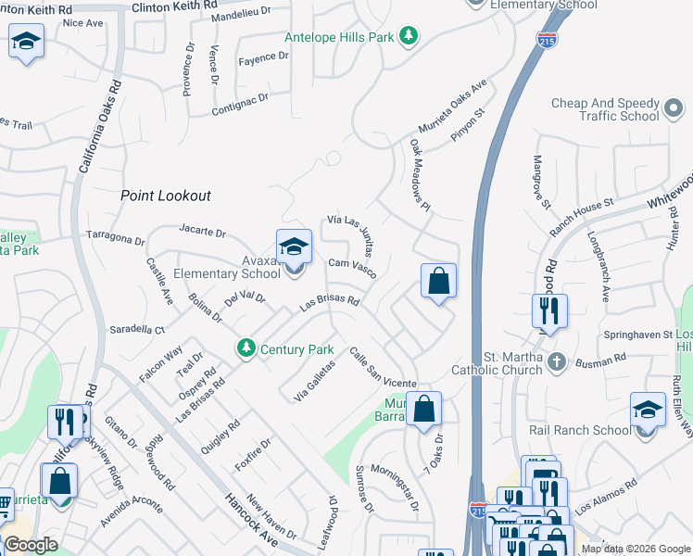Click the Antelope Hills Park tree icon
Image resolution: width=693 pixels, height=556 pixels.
pyautogui.click(x=409, y=37)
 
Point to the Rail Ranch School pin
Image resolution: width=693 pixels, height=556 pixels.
pyautogui.click(x=648, y=411)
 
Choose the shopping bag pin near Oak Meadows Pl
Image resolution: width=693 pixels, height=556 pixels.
pyautogui.click(x=438, y=282)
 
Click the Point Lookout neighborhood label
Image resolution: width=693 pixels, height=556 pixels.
pyautogui.click(x=166, y=196)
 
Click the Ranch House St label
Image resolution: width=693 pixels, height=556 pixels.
pyautogui.click(x=582, y=215)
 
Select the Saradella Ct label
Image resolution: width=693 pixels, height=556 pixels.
pyautogui.click(x=137, y=329)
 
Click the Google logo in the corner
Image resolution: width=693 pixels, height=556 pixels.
pyautogui.click(x=31, y=546)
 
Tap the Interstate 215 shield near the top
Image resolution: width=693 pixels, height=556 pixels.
pyautogui.click(x=547, y=40)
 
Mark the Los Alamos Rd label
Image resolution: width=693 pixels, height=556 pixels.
pyautogui.click(x=606, y=497)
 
